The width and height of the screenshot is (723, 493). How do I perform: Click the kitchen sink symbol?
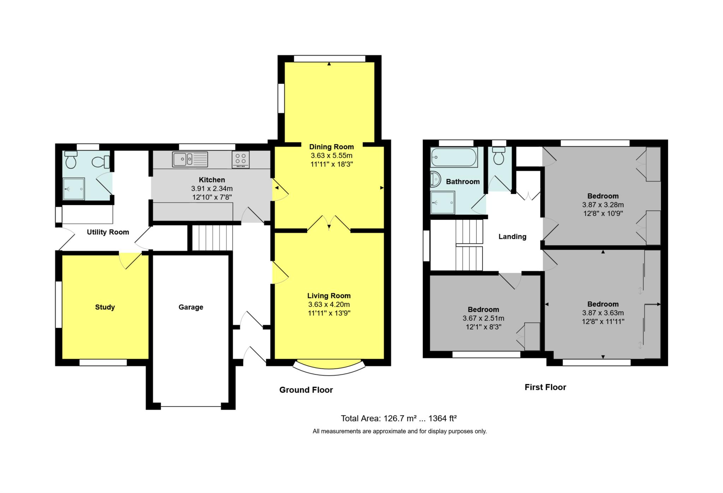coord(190,159)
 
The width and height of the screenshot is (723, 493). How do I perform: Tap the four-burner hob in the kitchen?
coord(240,159)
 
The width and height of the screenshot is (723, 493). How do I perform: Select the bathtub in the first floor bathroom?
coord(454,157)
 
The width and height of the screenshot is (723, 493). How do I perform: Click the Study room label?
coord(105,307)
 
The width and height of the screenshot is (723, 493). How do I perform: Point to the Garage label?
coord(191,307)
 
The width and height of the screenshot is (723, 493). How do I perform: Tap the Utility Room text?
coord(108,232)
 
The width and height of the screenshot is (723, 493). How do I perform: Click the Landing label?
coord(512,237)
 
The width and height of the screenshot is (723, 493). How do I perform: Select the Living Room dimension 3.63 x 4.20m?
coord(329,305)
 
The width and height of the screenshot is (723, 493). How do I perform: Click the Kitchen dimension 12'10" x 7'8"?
coord(212,197)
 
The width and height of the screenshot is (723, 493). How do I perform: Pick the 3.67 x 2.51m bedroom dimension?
coord(483,318)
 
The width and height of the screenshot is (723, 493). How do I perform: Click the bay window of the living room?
coord(329,368)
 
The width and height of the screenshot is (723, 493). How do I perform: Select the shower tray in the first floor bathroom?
coord(442,203)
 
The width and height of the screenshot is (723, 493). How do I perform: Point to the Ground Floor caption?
coord(306,390)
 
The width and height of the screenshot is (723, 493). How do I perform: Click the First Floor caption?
coord(545,387)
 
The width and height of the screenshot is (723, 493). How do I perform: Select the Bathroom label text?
coord(462,182)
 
